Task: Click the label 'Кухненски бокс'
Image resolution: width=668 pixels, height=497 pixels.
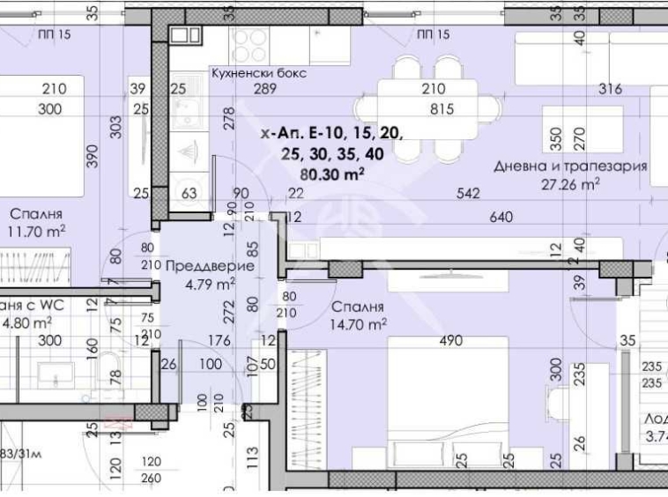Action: (x=258, y=73)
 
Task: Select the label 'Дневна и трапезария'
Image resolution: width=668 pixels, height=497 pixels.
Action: (x=583, y=166)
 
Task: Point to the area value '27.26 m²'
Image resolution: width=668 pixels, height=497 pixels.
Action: (x=571, y=184)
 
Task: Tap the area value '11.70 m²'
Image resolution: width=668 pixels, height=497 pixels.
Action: (x=40, y=232)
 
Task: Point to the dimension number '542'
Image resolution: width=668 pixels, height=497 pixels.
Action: (x=469, y=195)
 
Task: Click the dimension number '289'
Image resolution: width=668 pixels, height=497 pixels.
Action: (x=265, y=89)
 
